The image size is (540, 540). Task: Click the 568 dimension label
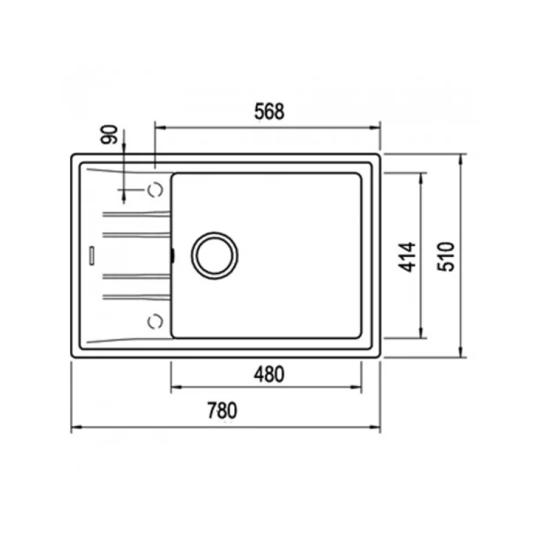pyautogui.click(x=269, y=113)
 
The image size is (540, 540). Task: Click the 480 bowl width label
pyautogui.click(x=269, y=373)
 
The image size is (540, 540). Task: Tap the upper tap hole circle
pyautogui.click(x=155, y=190)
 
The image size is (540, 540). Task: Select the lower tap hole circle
pyautogui.click(x=155, y=321)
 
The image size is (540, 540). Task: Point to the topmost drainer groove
pyautogui.click(x=135, y=215)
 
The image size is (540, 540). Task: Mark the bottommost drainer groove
pyautogui.click(x=135, y=296)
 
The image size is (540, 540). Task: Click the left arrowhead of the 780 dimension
pyautogui.click(x=75, y=427)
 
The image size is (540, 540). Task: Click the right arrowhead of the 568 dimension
pyautogui.click(x=377, y=126)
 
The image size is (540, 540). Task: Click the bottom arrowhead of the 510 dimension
pyautogui.click(x=462, y=352)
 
